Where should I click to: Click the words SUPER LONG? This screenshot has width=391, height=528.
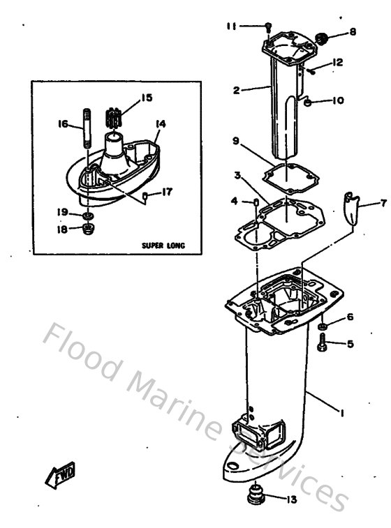coord(162,246)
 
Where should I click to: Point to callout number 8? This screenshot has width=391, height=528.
coord(352,31)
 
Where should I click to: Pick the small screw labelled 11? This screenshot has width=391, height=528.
coord(268,27)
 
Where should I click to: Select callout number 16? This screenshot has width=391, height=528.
coord(62,124)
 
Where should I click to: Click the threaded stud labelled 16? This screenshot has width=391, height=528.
coord(87,126)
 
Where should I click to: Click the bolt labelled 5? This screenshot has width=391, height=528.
coord(323,342)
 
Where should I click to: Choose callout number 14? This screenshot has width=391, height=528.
coord(161,123)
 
